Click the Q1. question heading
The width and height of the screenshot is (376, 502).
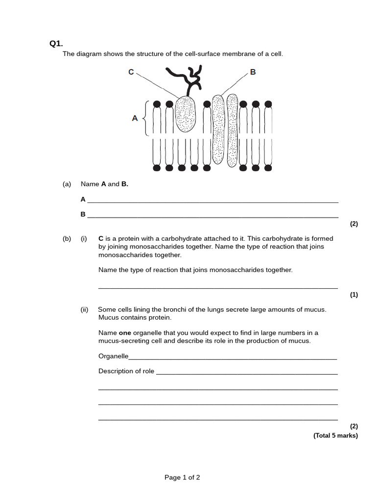(56, 44)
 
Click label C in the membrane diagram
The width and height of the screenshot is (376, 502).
(131, 72)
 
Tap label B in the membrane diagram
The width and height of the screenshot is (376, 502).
(253, 72)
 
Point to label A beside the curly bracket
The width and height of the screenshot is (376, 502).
(135, 118)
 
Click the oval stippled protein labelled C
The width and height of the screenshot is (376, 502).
(186, 114)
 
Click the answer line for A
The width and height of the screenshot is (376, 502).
(212, 201)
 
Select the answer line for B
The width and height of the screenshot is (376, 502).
(212, 216)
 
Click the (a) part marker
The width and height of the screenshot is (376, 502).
(67, 184)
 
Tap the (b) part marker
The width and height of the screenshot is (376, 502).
(67, 239)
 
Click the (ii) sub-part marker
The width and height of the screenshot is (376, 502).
(84, 309)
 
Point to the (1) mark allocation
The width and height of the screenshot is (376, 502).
(353, 295)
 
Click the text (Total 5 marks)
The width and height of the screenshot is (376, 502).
(335, 435)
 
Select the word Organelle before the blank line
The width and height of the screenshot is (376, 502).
(113, 356)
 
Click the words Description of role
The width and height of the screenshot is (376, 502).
(126, 371)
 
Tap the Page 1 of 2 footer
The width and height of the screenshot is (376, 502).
(182, 477)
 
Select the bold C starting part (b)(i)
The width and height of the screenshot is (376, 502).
(101, 239)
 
